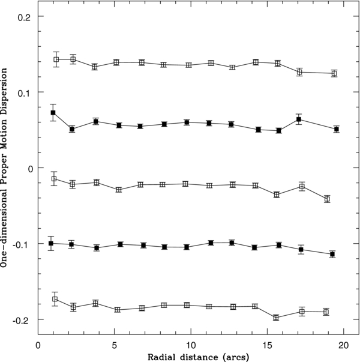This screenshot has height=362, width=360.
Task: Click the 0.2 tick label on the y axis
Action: pos(24,16)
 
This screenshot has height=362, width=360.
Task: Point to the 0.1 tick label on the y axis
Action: pos(24,92)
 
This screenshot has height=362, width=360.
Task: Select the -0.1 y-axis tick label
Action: pos(22,244)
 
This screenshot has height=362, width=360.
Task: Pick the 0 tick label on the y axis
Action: pos(28,168)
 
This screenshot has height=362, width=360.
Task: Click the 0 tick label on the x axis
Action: pos(38,345)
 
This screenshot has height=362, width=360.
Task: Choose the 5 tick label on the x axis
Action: pos(115,345)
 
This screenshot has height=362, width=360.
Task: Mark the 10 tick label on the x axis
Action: pos(191,345)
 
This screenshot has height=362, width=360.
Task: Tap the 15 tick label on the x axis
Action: pos(267,345)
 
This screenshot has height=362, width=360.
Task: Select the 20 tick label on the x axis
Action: pos(343,345)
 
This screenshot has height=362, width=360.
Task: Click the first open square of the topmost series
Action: pos(56,59)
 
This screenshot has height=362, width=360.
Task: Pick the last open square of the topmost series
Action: pos(334,73)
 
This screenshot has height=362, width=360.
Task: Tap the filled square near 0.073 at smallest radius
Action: pos(53,113)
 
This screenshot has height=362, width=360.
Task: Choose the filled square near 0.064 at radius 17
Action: pos(299,119)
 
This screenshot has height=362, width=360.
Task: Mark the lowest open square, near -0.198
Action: pos(276,318)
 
